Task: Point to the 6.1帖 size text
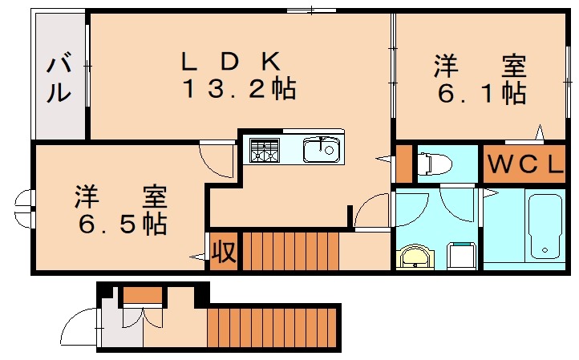481,93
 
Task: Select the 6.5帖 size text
122,223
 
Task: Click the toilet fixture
434,164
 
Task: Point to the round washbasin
414,257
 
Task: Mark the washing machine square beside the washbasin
462,256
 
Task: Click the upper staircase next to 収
289,251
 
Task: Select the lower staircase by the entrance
273,327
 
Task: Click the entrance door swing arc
80,327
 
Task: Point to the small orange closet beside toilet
404,163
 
